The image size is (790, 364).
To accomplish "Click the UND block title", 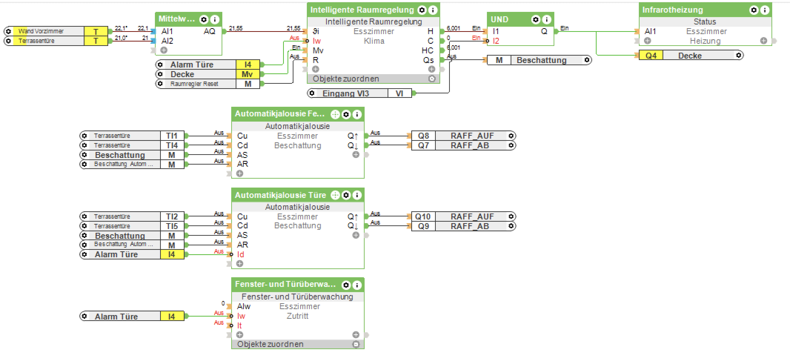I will pyautogui.click(x=499, y=20).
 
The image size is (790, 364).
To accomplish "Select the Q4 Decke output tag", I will pyautogui.click(x=691, y=56).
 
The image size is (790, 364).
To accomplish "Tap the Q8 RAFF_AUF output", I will pyautogui.click(x=464, y=136).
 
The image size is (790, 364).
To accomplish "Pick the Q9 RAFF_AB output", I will pyautogui.click(x=464, y=226).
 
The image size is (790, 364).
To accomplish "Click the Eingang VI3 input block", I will pyautogui.click(x=360, y=93).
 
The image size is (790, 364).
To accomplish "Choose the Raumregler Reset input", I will pyautogui.click(x=208, y=84).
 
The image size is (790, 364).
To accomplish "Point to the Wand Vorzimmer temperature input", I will pyautogui.click(x=56, y=32).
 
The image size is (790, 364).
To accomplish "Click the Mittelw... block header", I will pyautogui.click(x=177, y=19).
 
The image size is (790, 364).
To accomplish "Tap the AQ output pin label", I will pyautogui.click(x=209, y=32).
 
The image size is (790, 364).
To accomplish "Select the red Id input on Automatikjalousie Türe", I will pyautogui.click(x=241, y=255).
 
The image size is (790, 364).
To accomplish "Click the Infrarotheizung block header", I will pyautogui.click(x=672, y=10).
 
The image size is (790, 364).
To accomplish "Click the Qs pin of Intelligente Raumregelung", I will pyautogui.click(x=428, y=60).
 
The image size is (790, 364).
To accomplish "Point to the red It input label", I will pyautogui.click(x=240, y=326).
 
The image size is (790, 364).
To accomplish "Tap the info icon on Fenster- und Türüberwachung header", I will pyautogui.click(x=357, y=285).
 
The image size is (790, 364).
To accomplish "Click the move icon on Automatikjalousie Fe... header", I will pyautogui.click(x=335, y=115).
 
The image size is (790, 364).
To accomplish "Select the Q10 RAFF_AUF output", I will pyautogui.click(x=464, y=217).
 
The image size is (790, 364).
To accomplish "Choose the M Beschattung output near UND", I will pyautogui.click(x=539, y=60).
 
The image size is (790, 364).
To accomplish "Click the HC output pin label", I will pyautogui.click(x=427, y=51).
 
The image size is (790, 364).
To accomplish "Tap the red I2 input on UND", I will pyautogui.click(x=496, y=41).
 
